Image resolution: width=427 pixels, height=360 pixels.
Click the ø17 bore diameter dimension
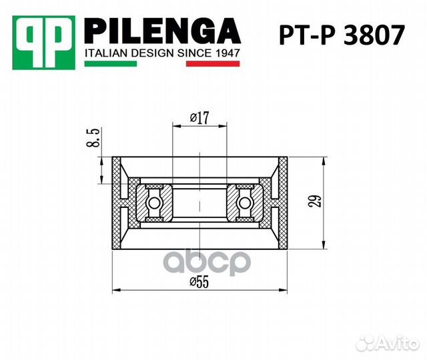point(199,117)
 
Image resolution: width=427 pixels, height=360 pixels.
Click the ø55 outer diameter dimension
point(199,281)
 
